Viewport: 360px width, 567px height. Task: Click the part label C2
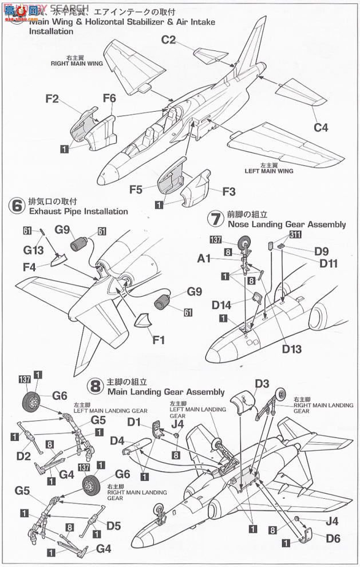[168, 40]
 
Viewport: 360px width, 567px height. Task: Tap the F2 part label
[52, 99]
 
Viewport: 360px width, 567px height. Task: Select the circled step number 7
[215, 219]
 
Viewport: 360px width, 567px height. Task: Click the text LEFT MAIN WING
[269, 171]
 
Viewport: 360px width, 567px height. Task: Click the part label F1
[159, 340]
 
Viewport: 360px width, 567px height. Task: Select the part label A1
[205, 259]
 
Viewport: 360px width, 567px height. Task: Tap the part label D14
[221, 305]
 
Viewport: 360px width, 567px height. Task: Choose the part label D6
[333, 538]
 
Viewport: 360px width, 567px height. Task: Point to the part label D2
[23, 455]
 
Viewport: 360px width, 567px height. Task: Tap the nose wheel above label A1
[246, 243]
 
